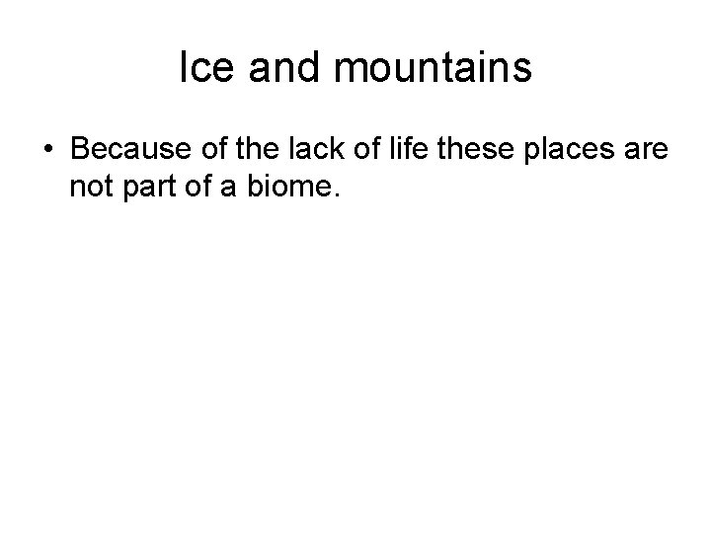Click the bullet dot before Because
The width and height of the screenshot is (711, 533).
pyautogui.click(x=47, y=151)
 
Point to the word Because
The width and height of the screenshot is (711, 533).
pyautogui.click(x=123, y=150)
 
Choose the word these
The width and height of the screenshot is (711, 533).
pyautogui.click(x=470, y=150)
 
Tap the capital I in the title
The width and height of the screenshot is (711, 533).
pyautogui.click(x=185, y=69)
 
